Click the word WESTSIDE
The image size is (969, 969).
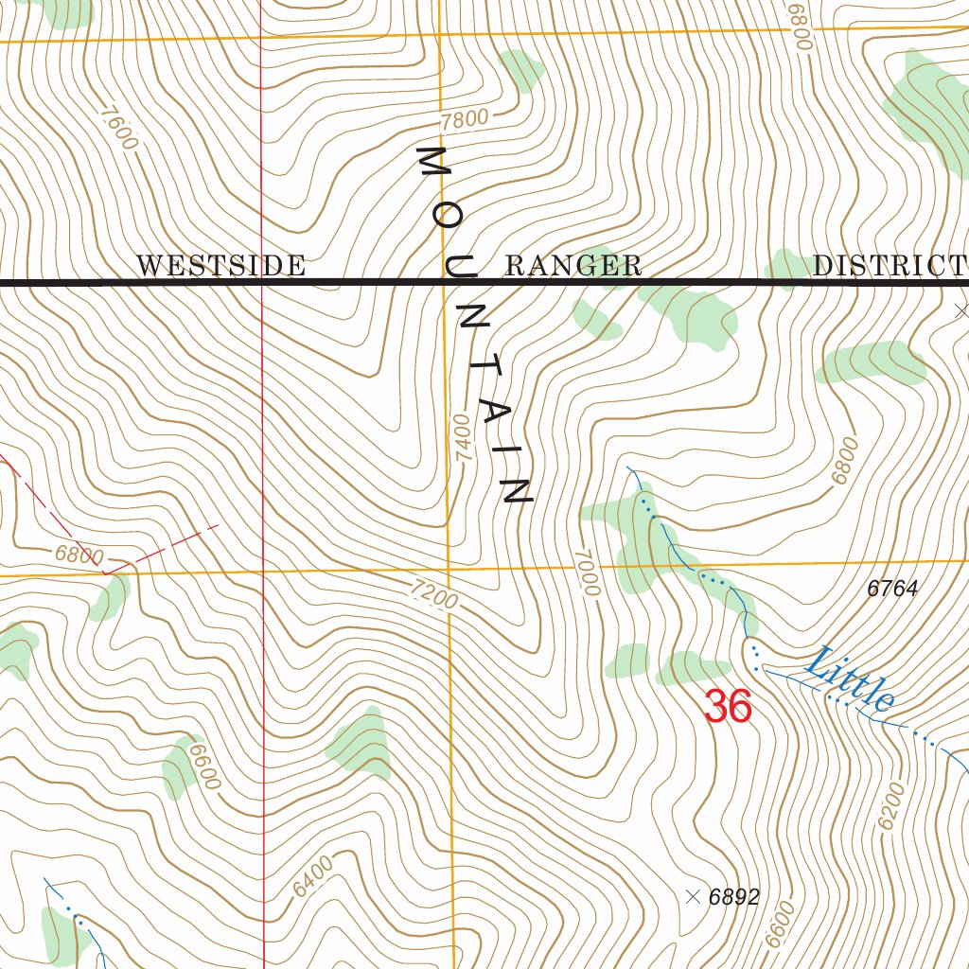tap(220, 266)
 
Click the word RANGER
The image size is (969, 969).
tap(573, 266)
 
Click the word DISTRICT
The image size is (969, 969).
tap(890, 266)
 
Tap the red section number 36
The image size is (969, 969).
tap(728, 707)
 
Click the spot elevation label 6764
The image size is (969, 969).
tap(892, 589)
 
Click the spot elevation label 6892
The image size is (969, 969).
tap(733, 897)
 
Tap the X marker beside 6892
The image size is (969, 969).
tap(693, 896)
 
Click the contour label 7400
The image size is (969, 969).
tap(462, 437)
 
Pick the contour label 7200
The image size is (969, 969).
tap(434, 594)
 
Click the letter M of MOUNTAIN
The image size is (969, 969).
tap(435, 165)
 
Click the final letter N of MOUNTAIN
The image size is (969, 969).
tap(517, 490)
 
